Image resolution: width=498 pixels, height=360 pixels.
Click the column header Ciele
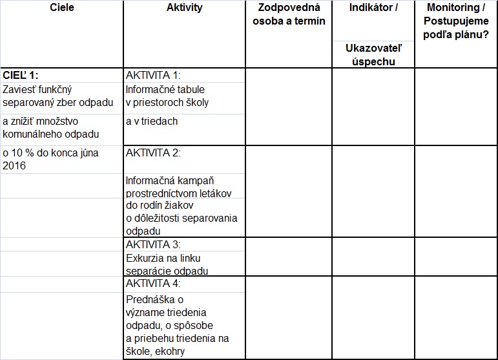(62, 8)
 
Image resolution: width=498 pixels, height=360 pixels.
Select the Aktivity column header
(184, 8)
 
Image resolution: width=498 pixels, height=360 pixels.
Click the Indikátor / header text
(373, 8)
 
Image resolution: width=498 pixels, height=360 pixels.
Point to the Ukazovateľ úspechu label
(373, 54)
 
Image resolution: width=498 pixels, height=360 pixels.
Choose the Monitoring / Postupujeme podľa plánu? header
(456, 21)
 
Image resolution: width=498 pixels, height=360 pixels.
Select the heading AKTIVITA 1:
(153, 75)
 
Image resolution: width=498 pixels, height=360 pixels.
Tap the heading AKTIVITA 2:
(153, 153)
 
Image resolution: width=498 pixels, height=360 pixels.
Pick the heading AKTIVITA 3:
(153, 244)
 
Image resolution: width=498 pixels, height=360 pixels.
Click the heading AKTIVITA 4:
(153, 283)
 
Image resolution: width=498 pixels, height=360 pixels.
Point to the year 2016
(15, 166)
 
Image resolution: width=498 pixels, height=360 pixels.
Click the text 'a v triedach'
(151, 121)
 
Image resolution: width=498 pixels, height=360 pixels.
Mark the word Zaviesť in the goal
(19, 90)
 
